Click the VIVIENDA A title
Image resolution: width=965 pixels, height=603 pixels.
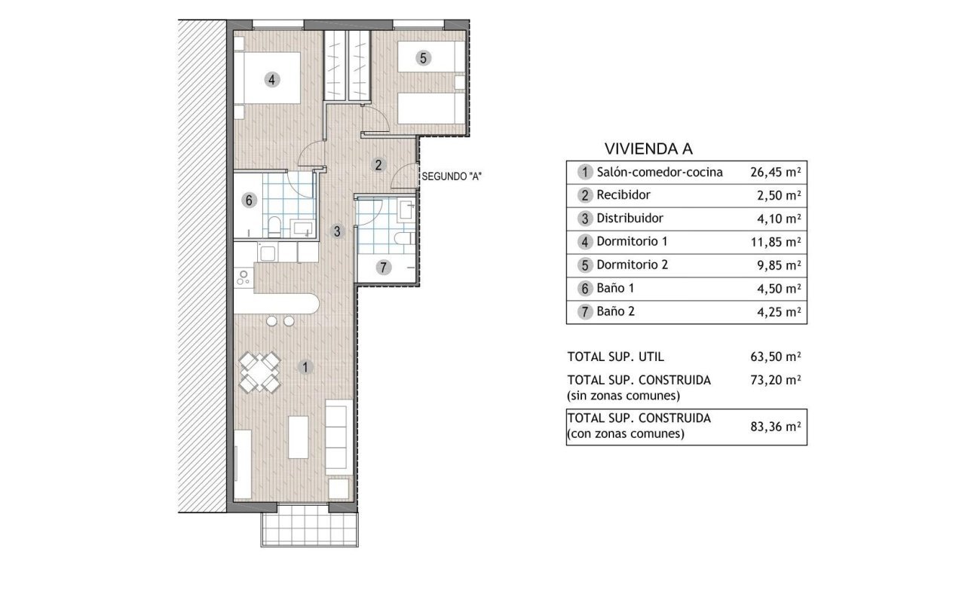[648, 149]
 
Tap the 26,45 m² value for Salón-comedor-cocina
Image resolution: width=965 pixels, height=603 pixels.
[776, 173]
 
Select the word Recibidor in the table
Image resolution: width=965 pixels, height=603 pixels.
[623, 195]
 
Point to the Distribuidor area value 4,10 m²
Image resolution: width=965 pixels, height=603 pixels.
[779, 219]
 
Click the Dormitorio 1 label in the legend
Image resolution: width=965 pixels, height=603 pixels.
[632, 242]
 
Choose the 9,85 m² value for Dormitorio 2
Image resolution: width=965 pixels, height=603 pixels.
[779, 265]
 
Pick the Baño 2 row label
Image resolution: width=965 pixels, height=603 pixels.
[615, 311]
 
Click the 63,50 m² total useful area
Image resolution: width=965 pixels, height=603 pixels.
[776, 357]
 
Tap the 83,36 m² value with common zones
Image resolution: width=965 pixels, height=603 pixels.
[776, 427]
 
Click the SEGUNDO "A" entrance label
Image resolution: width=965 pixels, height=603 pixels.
[452, 176]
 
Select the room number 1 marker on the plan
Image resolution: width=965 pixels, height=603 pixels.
[305, 367]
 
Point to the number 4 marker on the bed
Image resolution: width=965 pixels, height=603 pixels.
[271, 80]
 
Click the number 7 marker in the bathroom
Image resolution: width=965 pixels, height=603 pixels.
[383, 268]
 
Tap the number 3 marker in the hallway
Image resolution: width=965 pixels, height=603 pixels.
[337, 231]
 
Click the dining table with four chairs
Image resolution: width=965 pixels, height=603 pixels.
[260, 372]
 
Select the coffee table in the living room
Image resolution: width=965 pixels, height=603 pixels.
[298, 436]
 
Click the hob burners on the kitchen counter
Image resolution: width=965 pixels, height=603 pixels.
[244, 278]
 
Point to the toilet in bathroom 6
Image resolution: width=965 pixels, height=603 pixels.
[274, 227]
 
